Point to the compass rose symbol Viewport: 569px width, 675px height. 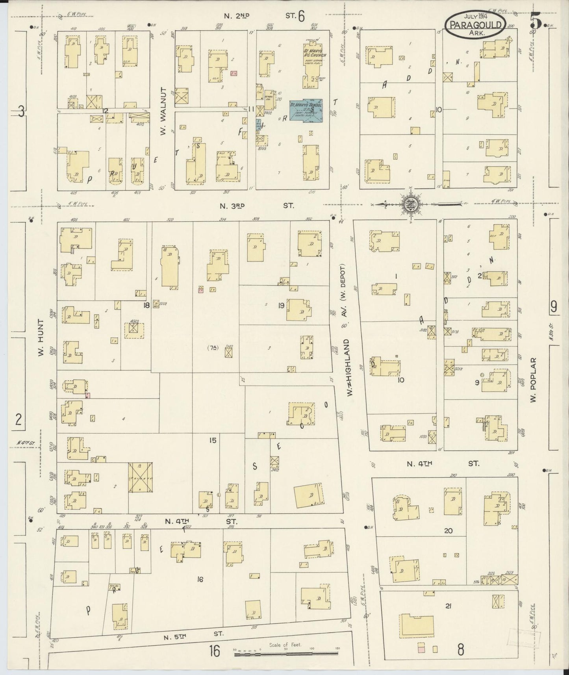[410, 204]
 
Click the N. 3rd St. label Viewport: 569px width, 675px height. [256, 206]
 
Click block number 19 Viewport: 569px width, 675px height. [281, 305]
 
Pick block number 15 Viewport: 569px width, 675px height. [213, 440]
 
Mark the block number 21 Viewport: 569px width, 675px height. [448, 606]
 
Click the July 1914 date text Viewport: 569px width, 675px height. [476, 16]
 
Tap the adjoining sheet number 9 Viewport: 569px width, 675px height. [554, 306]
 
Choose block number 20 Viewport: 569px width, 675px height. [448, 530]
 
